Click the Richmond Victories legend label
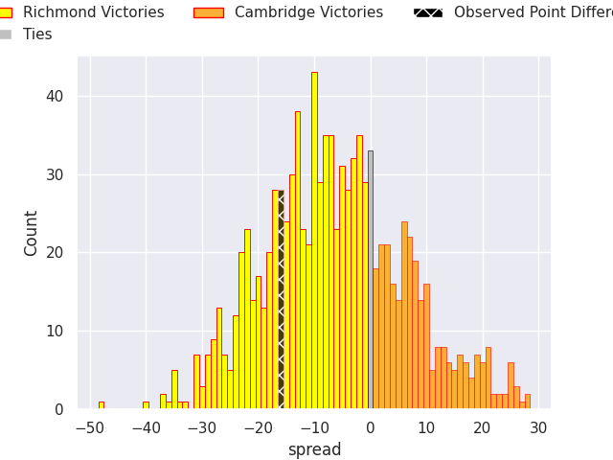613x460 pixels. pyautogui.click(x=93, y=12)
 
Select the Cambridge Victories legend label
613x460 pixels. pyautogui.click(x=308, y=12)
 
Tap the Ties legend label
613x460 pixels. pyautogui.click(x=37, y=34)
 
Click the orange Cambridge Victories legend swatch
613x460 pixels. pyautogui.click(x=208, y=12)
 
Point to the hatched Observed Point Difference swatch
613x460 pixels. pyautogui.click(x=428, y=12)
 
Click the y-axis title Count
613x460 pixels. pyautogui.click(x=32, y=233)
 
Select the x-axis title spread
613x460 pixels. pyautogui.click(x=314, y=449)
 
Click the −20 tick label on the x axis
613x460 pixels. pyautogui.click(x=259, y=428)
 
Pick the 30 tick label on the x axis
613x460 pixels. pyautogui.click(x=538, y=428)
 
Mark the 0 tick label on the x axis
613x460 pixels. pyautogui.click(x=371, y=428)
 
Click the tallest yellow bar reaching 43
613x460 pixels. pyautogui.click(x=314, y=240)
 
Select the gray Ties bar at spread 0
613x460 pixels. pyautogui.click(x=371, y=278)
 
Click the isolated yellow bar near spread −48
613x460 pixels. pyautogui.click(x=102, y=405)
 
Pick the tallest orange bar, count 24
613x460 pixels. pyautogui.click(x=404, y=316)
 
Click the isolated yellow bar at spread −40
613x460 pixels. pyautogui.click(x=146, y=405)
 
